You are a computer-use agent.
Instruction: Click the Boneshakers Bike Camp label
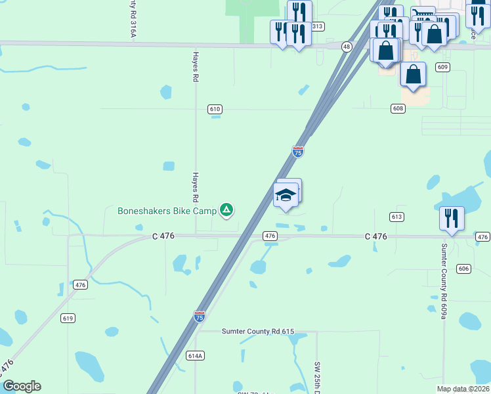167,211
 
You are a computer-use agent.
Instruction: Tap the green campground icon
226,210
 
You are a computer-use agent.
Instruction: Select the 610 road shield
215,109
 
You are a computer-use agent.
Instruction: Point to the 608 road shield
398,108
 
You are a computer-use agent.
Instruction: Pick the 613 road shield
396,217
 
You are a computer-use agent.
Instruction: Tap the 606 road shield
464,269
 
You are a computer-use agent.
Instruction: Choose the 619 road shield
68,318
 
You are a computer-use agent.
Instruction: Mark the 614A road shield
196,356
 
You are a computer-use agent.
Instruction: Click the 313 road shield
318,26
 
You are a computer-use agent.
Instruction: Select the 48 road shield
347,47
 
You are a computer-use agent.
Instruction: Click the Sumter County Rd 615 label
258,332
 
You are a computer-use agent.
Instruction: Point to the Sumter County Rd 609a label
444,281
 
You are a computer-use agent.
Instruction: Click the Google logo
22,386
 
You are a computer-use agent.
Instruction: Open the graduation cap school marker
286,196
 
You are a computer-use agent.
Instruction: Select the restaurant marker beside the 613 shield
451,218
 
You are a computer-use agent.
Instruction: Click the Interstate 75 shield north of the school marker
297,152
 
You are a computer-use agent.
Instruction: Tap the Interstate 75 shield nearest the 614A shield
200,317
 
